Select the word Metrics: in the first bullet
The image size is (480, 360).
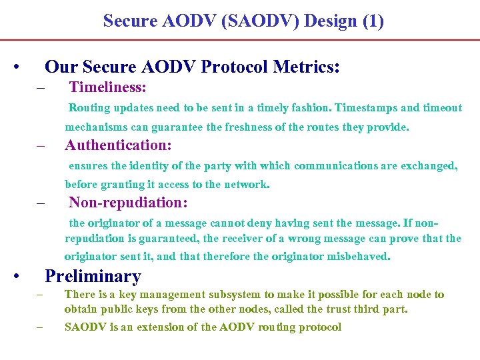tap(311, 67)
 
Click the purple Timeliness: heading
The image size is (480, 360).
tap(107, 87)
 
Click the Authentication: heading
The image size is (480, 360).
tap(118, 145)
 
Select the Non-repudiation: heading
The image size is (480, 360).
tap(128, 202)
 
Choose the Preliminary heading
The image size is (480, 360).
tap(93, 276)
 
